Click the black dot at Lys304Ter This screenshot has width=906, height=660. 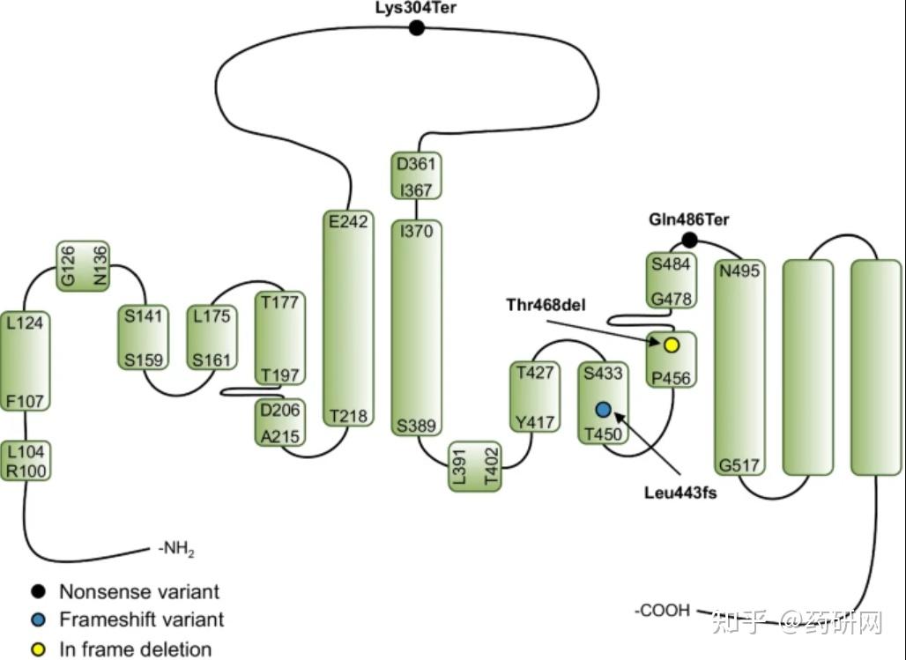(x=417, y=28)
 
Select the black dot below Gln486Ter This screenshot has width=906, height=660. (x=689, y=240)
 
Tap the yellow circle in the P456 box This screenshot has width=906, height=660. (x=671, y=345)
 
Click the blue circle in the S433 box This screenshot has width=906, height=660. (x=603, y=409)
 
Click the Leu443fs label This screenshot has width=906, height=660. (x=680, y=493)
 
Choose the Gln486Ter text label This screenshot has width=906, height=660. (x=688, y=219)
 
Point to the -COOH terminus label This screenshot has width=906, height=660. (x=662, y=610)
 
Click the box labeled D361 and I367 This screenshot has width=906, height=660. (x=415, y=176)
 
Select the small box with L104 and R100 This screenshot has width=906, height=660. (x=25, y=460)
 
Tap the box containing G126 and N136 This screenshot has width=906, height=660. (x=82, y=265)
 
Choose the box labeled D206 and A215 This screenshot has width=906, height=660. (x=279, y=422)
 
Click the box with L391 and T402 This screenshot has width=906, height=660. (x=474, y=466)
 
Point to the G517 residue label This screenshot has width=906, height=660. (x=739, y=464)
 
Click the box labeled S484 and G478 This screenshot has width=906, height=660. (x=671, y=281)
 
